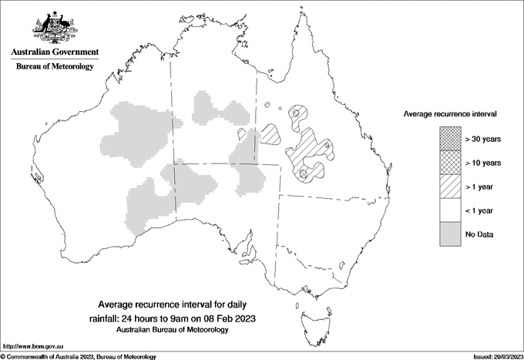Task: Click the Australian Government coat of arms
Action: point(54,27)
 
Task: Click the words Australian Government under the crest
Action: point(54,52)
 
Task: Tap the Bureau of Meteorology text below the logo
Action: point(54,67)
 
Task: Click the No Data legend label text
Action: point(479,234)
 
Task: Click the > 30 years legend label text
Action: point(483,139)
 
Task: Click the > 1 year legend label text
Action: point(482,186)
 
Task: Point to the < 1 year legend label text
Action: point(482,210)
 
